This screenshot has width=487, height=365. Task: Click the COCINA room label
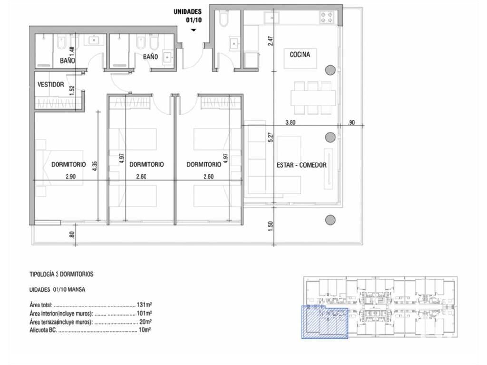[x=300, y=55]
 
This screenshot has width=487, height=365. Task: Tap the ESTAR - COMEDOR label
[x=302, y=165]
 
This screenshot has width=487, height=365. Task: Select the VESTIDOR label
[x=50, y=85]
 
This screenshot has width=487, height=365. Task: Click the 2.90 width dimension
[x=70, y=177]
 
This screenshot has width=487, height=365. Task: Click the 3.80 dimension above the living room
[x=291, y=122]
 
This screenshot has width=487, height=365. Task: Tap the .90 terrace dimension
[x=351, y=122]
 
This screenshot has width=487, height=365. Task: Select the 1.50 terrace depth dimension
[x=270, y=226]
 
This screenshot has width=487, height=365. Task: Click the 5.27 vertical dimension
[x=270, y=137]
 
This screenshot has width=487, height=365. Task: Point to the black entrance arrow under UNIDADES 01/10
[x=194, y=30]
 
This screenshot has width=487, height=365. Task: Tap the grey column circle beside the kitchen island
[x=330, y=70]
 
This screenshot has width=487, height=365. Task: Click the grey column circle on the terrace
[x=330, y=220]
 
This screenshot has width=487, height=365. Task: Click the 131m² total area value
[x=145, y=305]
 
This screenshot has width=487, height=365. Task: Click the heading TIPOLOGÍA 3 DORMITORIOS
[x=61, y=274]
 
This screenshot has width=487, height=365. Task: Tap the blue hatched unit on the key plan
[x=324, y=322]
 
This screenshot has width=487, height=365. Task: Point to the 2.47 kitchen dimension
[x=271, y=41]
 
